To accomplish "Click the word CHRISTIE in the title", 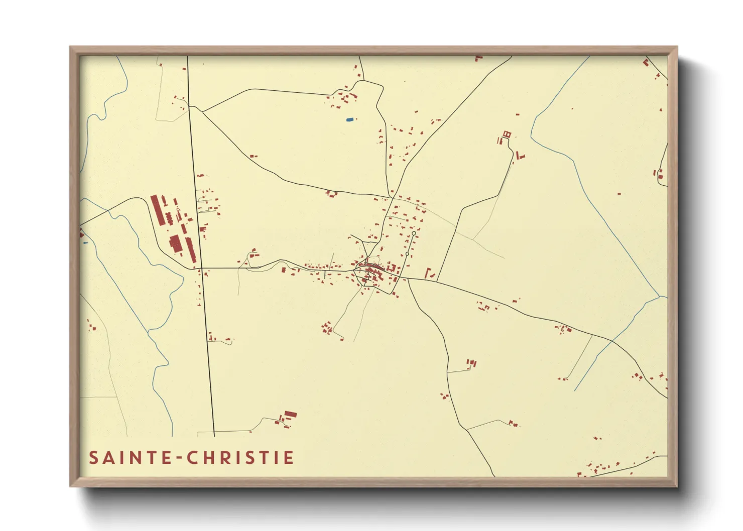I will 240,458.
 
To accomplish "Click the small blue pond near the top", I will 349,119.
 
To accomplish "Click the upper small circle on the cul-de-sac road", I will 414,233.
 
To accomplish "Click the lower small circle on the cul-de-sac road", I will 407,254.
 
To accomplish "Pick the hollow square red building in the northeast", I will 507,134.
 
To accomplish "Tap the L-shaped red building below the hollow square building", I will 519,156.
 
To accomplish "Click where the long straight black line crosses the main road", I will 201,268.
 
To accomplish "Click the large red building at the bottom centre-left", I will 290,415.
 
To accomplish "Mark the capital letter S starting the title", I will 93,458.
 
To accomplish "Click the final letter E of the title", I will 289,458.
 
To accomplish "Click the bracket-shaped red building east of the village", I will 428,274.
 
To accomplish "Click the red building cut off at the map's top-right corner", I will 646,63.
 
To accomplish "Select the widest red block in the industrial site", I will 175,243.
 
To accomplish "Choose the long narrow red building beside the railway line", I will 191,249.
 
